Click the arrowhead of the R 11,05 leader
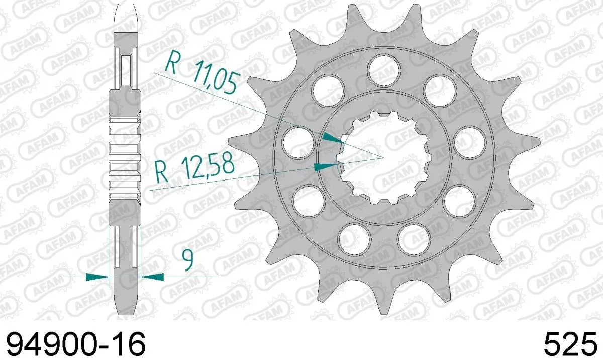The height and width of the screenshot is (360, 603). click(x=332, y=138)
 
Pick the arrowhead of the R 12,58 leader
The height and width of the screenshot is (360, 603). click(x=326, y=166)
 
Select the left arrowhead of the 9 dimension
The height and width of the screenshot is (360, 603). click(x=97, y=276)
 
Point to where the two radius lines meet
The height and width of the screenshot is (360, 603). click(x=383, y=157)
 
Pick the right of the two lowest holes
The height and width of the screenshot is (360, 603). click(x=413, y=239)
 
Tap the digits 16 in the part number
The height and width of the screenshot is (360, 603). click(x=129, y=344)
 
